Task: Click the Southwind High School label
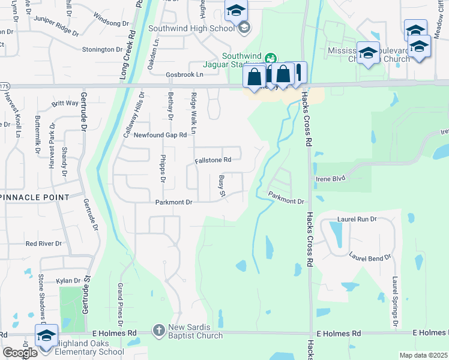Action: tap(191, 28)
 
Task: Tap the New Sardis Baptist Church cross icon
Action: tap(158, 330)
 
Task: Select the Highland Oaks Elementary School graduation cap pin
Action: tap(46, 337)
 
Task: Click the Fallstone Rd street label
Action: tap(213, 160)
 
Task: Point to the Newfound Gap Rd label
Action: tap(160, 135)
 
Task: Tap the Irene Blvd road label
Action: tap(331, 179)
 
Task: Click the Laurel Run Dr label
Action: tap(357, 220)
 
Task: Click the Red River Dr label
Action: tap(44, 244)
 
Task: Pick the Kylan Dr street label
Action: tap(68, 280)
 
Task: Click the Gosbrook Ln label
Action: tap(185, 74)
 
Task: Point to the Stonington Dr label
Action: tap(102, 49)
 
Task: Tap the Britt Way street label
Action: tap(65, 103)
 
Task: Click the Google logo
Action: tap(20, 352)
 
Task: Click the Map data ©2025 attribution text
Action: tap(423, 355)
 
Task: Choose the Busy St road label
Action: tap(221, 185)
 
